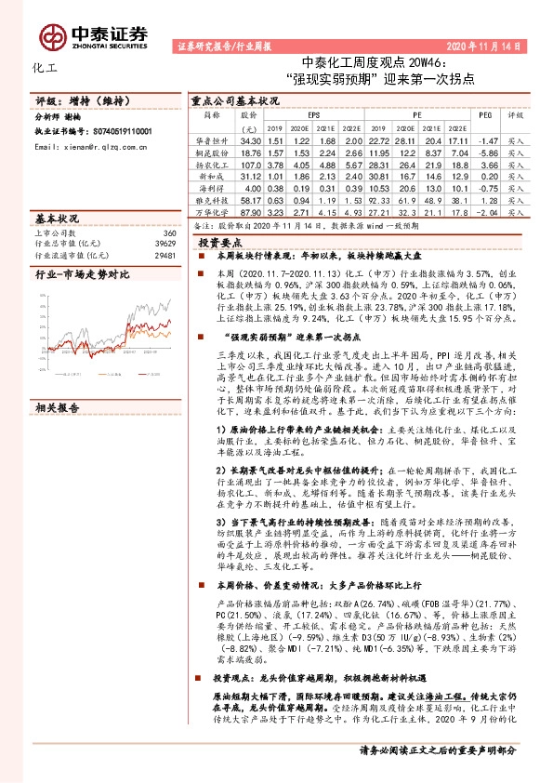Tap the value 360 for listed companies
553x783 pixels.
pyautogui.click(x=169, y=232)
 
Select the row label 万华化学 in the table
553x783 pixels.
pyautogui.click(x=210, y=212)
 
